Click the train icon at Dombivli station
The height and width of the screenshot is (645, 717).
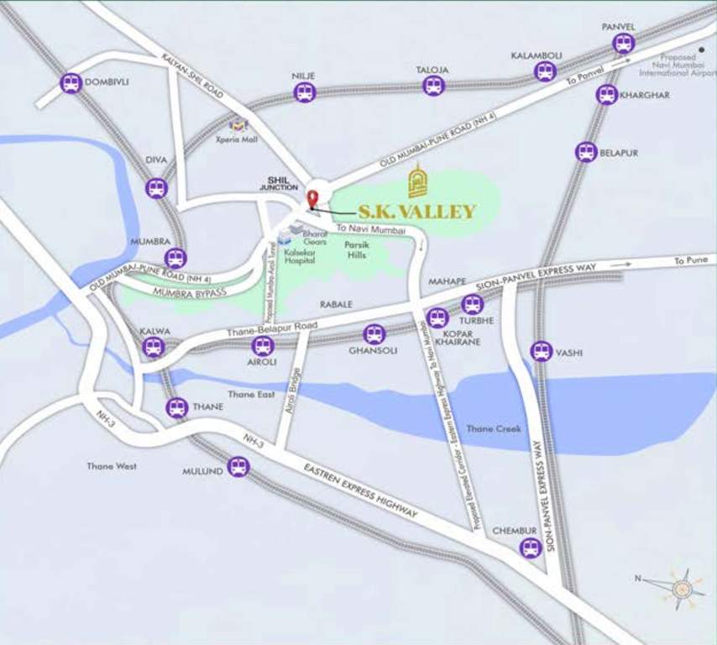71,83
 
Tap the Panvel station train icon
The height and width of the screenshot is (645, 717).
624,44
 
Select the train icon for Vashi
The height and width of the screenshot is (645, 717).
542,351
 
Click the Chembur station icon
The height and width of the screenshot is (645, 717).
530,548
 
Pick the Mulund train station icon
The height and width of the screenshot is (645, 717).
238,467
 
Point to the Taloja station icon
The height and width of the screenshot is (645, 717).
433,85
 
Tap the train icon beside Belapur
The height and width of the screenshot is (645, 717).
586,152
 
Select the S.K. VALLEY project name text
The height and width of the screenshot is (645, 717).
417,212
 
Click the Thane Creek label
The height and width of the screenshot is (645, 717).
494,429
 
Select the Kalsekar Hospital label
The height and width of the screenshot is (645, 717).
298,256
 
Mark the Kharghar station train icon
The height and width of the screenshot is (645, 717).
607,95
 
